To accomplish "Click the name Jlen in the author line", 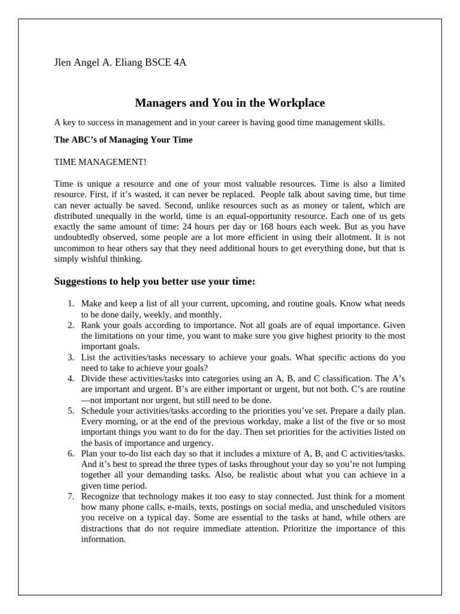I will click(x=64, y=63).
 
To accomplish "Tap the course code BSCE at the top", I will click(x=158, y=63).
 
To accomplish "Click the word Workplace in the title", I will click(x=293, y=103).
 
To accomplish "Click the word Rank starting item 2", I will click(x=91, y=325).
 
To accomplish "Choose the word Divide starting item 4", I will click(x=93, y=379).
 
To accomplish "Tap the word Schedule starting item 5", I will click(x=98, y=411).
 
